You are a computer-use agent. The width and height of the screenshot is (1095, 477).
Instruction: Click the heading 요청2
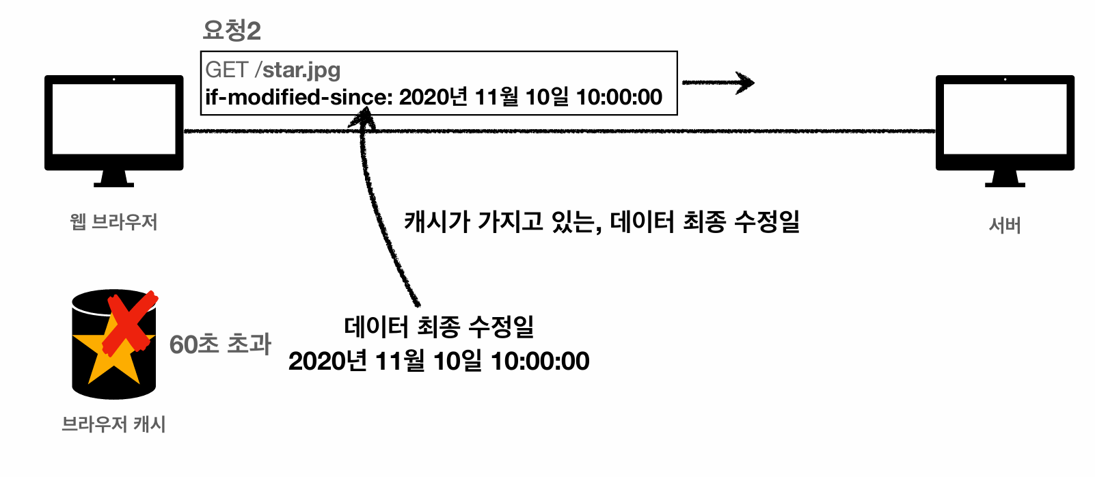coord(232,31)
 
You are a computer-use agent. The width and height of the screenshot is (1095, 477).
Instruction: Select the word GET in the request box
coord(226,70)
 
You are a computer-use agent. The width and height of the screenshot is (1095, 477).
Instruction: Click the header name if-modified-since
coord(297,97)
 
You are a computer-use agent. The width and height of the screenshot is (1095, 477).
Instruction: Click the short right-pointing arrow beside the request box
coord(718,83)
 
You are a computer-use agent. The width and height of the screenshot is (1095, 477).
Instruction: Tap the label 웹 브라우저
coord(113,222)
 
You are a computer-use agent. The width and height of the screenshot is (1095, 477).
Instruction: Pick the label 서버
coord(1005,225)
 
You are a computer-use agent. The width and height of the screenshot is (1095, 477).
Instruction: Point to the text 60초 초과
coord(220,344)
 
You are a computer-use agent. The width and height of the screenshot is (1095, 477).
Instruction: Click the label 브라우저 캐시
coord(113,424)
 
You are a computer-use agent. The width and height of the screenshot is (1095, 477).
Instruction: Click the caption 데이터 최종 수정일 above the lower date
coord(439,327)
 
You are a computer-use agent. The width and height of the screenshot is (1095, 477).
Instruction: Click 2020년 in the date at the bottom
coord(327,361)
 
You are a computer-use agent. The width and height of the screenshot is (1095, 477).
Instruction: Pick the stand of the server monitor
coord(1005,179)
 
